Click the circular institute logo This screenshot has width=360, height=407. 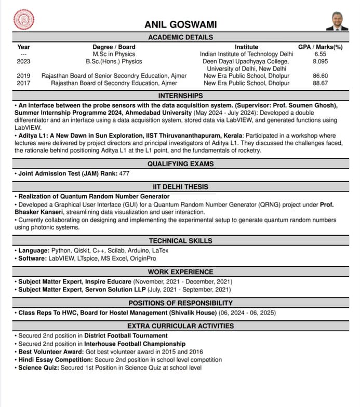click(x=23, y=20)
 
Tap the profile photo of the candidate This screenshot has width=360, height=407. click(x=337, y=21)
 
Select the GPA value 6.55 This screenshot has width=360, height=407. click(x=320, y=54)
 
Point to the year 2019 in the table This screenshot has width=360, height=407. click(x=23, y=76)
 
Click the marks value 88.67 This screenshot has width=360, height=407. click(x=320, y=83)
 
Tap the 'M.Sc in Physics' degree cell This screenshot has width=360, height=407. click(x=114, y=54)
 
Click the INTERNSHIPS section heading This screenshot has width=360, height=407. click(x=180, y=96)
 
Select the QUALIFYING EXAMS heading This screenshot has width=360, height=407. click(x=180, y=164)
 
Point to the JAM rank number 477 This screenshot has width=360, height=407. click(x=124, y=174)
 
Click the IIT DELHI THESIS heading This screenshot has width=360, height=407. click(x=180, y=187)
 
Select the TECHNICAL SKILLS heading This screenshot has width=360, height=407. click(x=180, y=241)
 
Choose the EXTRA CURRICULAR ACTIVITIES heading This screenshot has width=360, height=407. click(x=180, y=326)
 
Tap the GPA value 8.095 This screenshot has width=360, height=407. click(x=320, y=61)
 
